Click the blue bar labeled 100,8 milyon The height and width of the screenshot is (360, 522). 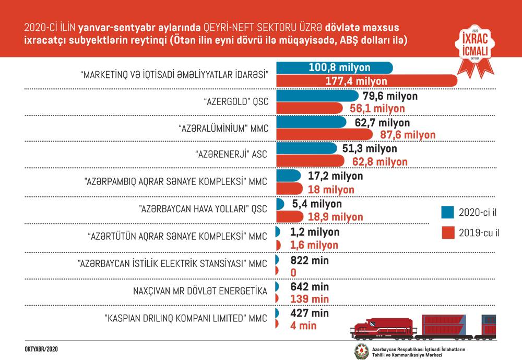(x=334, y=68)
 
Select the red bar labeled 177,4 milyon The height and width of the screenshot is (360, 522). (x=365, y=81)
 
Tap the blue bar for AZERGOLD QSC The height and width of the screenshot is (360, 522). (x=316, y=96)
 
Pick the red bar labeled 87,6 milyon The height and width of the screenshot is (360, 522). (x=324, y=135)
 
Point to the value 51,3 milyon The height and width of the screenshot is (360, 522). (x=370, y=149)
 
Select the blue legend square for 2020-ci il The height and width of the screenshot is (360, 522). (x=447, y=212)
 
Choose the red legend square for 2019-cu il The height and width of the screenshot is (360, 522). (x=447, y=233)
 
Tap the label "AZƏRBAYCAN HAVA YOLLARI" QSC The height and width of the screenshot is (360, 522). (x=203, y=208)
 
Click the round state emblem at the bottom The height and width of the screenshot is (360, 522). (x=361, y=351)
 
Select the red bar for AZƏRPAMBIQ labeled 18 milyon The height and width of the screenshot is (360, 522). (x=289, y=189)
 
